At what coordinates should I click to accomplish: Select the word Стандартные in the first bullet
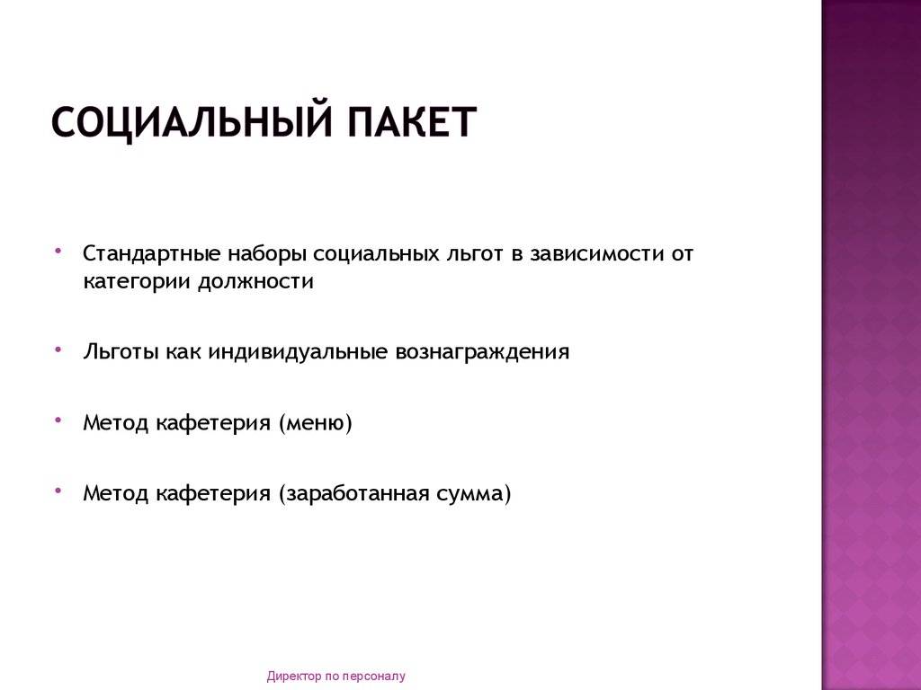pyautogui.click(x=152, y=254)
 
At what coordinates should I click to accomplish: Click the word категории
pyautogui.click(x=138, y=282)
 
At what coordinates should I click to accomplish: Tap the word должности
pyautogui.click(x=255, y=281)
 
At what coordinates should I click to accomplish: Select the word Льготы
pyautogui.click(x=121, y=352)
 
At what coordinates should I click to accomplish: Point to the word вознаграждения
pyautogui.click(x=482, y=352)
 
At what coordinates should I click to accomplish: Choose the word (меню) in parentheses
pyautogui.click(x=316, y=423)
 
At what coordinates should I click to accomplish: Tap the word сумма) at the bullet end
pyautogui.click(x=473, y=493)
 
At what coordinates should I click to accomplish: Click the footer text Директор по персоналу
pyautogui.click(x=336, y=676)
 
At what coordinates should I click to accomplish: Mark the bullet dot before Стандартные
pyautogui.click(x=58, y=251)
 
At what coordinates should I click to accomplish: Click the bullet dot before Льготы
pyautogui.click(x=58, y=349)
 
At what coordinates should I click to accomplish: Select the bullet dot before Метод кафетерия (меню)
pyautogui.click(x=58, y=420)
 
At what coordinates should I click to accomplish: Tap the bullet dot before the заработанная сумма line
pyautogui.click(x=58, y=491)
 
